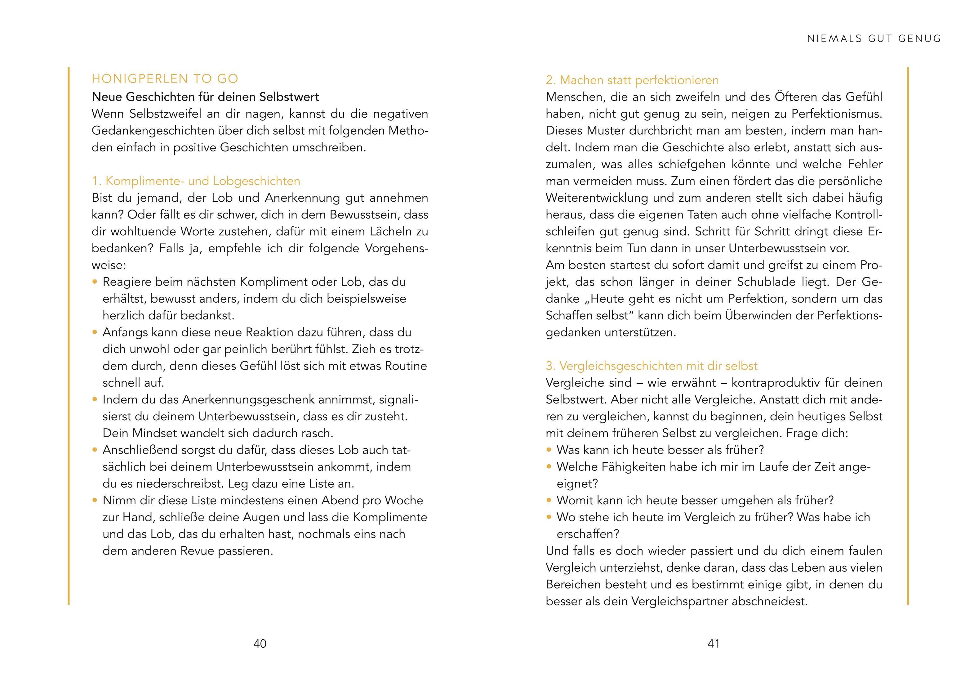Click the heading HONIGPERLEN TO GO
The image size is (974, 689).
[165, 79]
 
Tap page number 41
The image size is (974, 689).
[714, 644]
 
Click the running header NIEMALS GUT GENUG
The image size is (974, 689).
[874, 38]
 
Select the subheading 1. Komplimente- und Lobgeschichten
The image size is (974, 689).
[196, 181]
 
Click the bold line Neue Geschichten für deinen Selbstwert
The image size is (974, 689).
[205, 97]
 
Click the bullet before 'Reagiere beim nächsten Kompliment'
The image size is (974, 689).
[95, 282]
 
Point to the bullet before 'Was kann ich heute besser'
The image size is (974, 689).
[549, 450]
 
